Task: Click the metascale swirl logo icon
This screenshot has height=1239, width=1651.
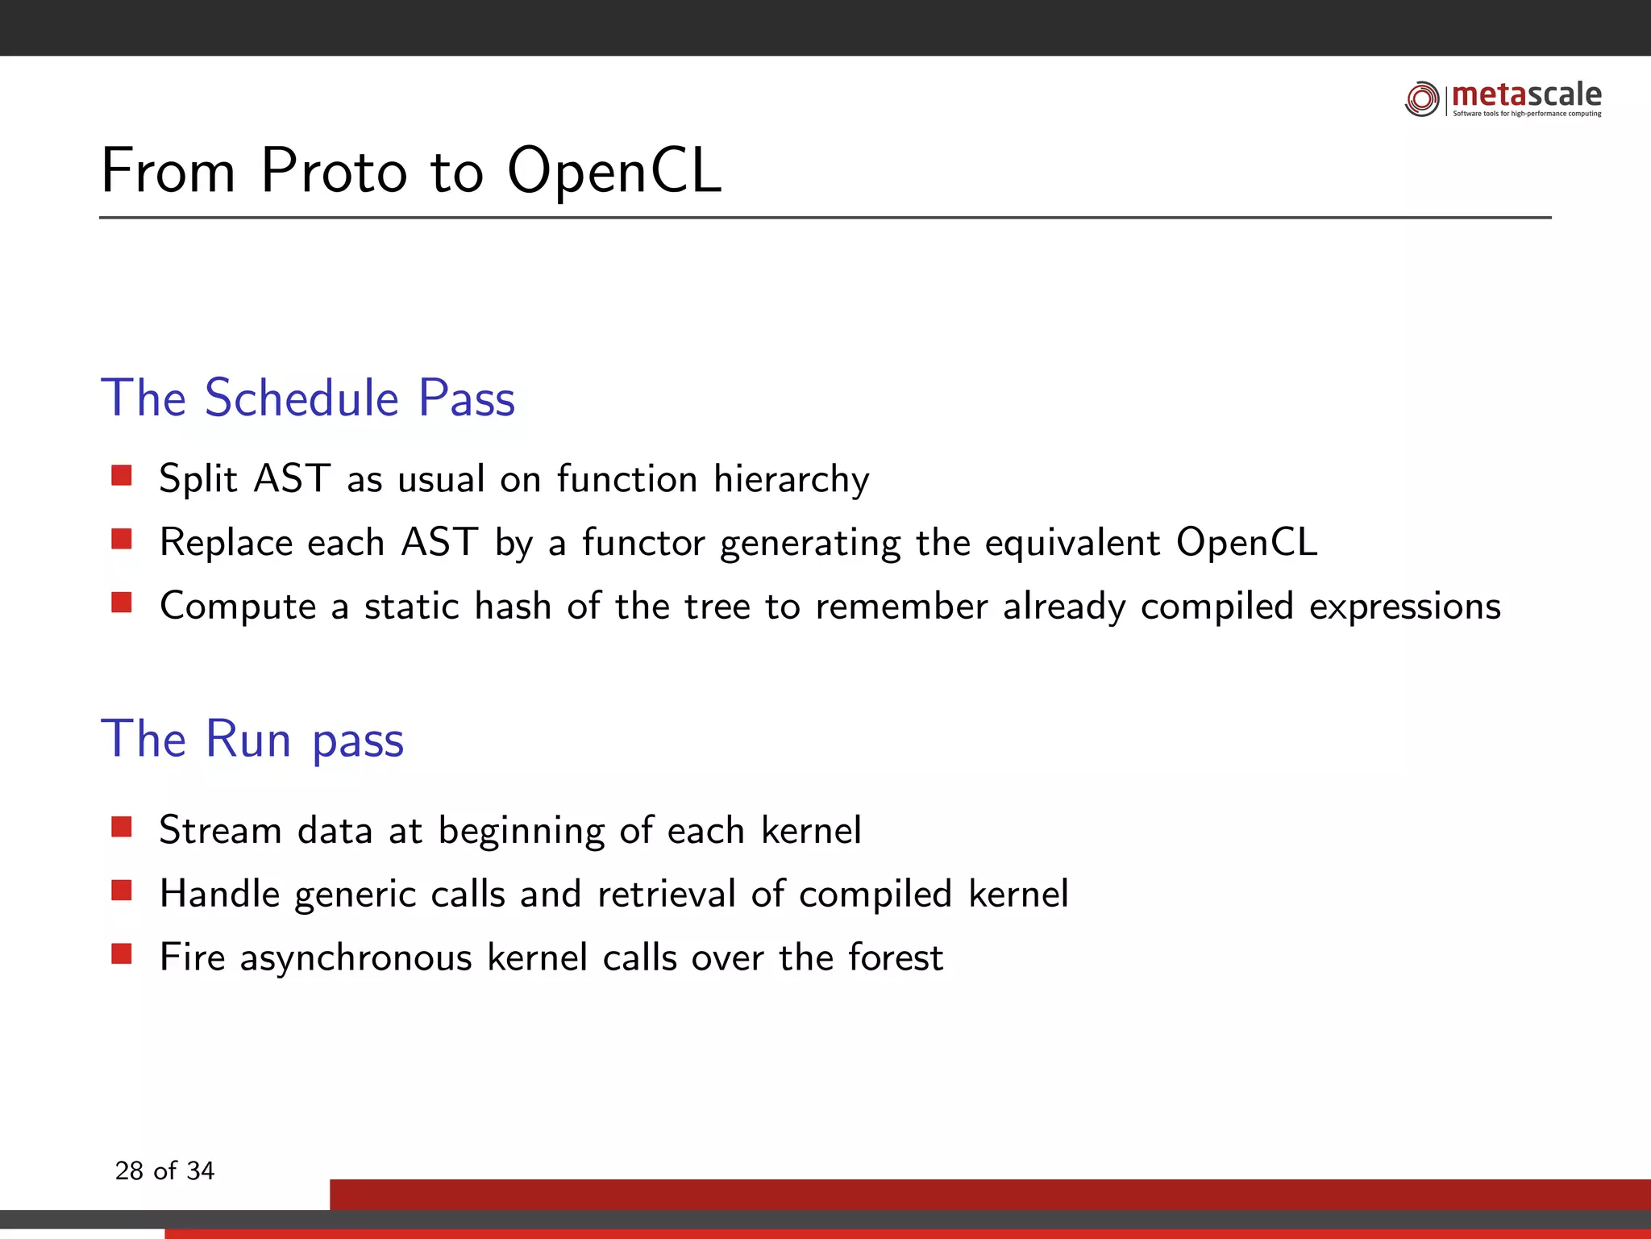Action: pyautogui.click(x=1422, y=99)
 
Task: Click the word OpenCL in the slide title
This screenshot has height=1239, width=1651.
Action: pyautogui.click(x=614, y=171)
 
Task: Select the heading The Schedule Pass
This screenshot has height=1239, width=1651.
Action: pyautogui.click(x=307, y=398)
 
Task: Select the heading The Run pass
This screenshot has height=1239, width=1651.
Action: pyautogui.click(x=252, y=739)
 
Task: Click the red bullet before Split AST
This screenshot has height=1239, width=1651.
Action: pyautogui.click(x=122, y=475)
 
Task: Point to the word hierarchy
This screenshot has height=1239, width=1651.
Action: pyautogui.click(x=791, y=479)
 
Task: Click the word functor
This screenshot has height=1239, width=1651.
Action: pyautogui.click(x=643, y=542)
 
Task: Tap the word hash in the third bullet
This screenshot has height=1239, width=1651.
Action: pyautogui.click(x=513, y=605)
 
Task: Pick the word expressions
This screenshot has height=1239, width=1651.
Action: pyautogui.click(x=1404, y=607)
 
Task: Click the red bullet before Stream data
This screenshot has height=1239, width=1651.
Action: pyautogui.click(x=122, y=827)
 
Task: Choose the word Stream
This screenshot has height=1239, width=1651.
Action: pyautogui.click(x=220, y=830)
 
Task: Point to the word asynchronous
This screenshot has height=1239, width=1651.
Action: pyautogui.click(x=356, y=958)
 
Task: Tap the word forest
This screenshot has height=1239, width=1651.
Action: pyautogui.click(x=896, y=957)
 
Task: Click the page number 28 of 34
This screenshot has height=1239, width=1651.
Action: pyautogui.click(x=164, y=1170)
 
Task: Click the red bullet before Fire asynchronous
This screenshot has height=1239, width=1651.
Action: pyautogui.click(x=122, y=954)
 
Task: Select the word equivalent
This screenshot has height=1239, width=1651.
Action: pyautogui.click(x=1072, y=542)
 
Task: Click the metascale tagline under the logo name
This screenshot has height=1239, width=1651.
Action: pyautogui.click(x=1527, y=114)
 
